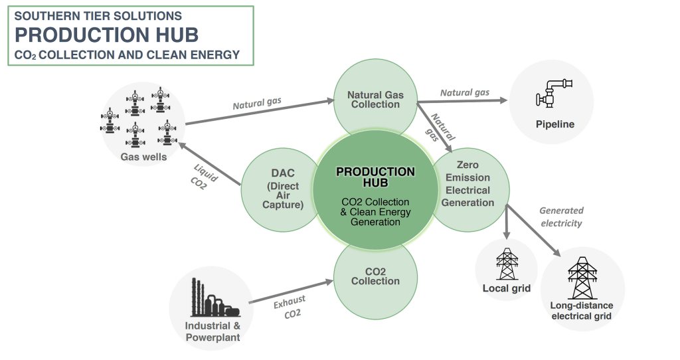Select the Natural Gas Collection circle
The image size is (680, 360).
pyautogui.click(x=375, y=100)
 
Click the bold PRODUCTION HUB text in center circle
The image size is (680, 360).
pyautogui.click(x=375, y=177)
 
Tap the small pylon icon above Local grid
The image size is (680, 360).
pyautogui.click(x=506, y=264)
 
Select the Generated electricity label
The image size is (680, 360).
pyautogui.click(x=561, y=217)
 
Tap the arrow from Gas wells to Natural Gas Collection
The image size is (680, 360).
pyautogui.click(x=259, y=112)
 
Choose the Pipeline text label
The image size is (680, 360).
pyautogui.click(x=554, y=124)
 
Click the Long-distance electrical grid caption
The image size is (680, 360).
pyautogui.click(x=582, y=311)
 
